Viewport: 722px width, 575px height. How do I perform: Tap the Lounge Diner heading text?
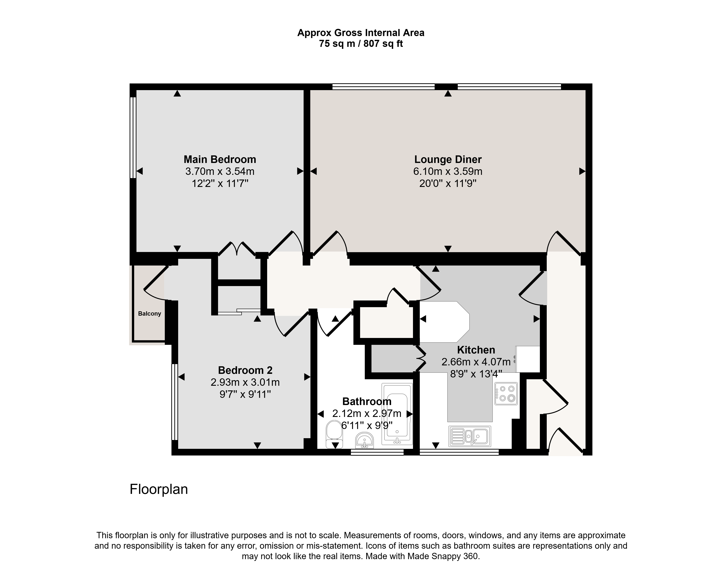coord(448,159)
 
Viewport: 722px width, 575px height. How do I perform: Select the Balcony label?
coord(149,314)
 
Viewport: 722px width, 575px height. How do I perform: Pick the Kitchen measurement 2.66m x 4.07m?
coord(476,362)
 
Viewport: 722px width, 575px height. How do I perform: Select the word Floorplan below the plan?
coord(159,489)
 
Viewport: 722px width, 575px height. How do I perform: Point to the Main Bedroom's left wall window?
coord(133,137)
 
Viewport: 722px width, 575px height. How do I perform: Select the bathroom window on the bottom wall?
coord(377,452)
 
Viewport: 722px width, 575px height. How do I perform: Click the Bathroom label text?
coord(367,401)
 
